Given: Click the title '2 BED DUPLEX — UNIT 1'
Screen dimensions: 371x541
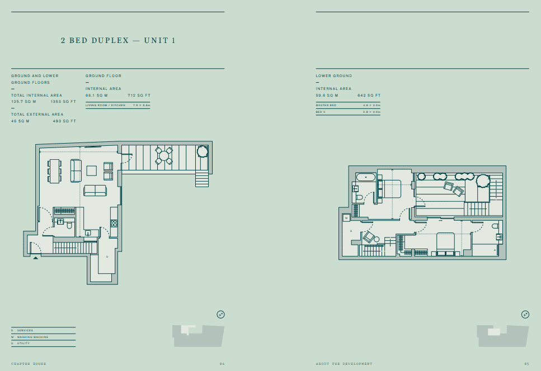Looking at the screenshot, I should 118,41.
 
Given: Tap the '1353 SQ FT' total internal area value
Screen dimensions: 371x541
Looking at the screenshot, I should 63,102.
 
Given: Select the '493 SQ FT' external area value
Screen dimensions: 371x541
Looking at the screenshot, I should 64,121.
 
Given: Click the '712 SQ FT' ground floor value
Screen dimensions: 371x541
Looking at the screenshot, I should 139,96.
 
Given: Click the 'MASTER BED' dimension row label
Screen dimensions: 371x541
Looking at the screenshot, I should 326,105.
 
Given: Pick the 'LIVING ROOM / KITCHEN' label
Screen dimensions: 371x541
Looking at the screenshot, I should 105,105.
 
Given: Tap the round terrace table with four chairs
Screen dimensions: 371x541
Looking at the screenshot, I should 164,156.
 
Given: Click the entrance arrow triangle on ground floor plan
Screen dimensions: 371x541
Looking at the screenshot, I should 36,258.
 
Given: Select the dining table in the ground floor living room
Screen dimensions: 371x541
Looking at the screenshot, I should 55,172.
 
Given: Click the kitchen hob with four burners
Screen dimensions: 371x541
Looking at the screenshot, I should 114,223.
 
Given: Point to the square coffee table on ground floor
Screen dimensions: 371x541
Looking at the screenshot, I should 92,170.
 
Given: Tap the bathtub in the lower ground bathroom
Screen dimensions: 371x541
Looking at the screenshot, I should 366,177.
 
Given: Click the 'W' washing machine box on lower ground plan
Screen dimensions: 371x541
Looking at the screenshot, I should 346,218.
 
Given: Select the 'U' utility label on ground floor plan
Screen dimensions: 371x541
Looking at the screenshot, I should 107,256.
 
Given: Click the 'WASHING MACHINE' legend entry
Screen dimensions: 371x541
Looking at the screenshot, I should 32,337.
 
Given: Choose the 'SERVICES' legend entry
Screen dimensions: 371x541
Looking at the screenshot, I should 25,331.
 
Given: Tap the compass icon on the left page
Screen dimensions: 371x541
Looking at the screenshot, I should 220,315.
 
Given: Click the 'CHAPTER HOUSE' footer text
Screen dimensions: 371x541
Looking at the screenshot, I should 29,364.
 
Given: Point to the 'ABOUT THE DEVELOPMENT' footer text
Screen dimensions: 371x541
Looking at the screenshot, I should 344,364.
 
